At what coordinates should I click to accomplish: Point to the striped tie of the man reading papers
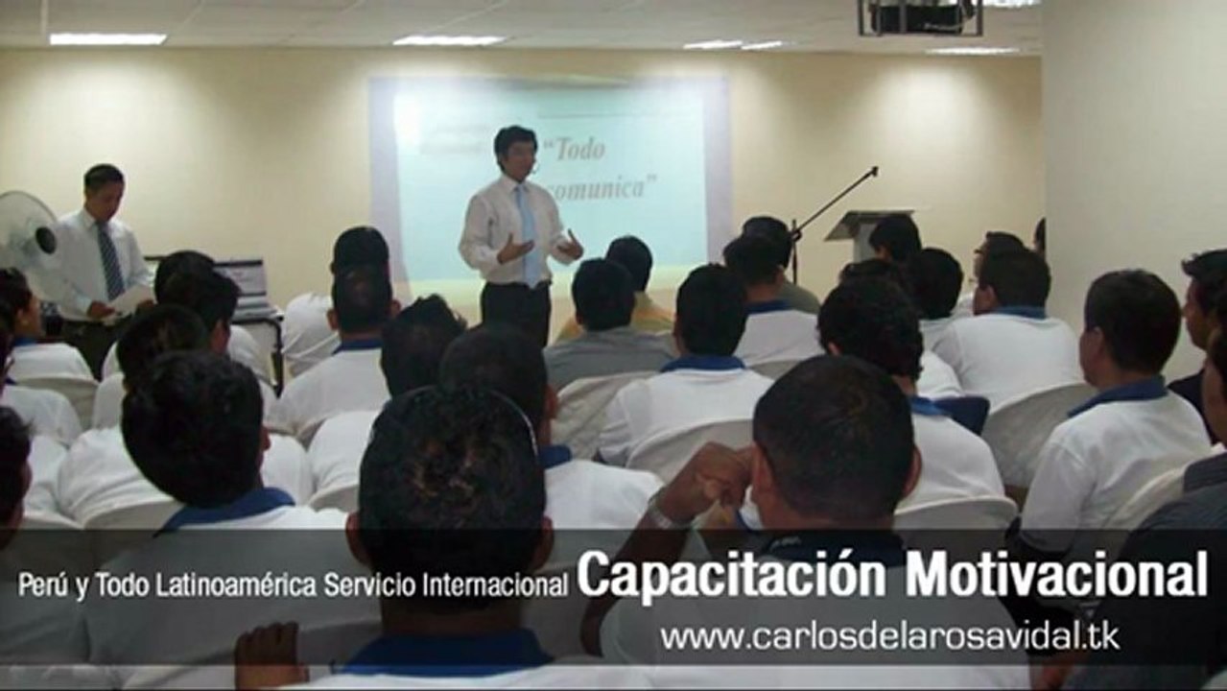click(108, 259)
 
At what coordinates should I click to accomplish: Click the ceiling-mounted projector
click(920, 17)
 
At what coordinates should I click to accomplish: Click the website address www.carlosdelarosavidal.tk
click(888, 636)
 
